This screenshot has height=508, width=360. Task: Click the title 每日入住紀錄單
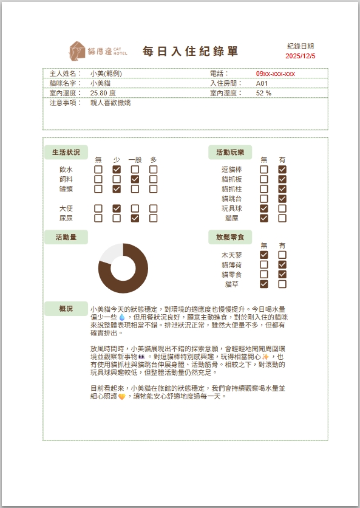(191, 52)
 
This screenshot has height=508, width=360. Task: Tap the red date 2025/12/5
(301, 56)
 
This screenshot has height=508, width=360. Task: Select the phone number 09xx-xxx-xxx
(275, 74)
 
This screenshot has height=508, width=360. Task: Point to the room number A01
(262, 83)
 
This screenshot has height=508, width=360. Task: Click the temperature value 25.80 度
(103, 93)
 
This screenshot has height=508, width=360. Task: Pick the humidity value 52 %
(263, 93)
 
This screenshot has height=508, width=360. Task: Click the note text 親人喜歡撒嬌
(110, 103)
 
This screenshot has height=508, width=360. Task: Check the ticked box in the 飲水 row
(117, 170)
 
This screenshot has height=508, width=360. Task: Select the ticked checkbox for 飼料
(135, 179)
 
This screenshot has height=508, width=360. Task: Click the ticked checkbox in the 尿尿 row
(135, 218)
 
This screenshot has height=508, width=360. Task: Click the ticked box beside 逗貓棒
(282, 170)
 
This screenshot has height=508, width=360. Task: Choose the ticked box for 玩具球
(263, 208)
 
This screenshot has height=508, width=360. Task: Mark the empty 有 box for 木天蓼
(282, 255)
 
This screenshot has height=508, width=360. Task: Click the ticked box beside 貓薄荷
(282, 265)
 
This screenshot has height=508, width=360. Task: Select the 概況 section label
(66, 309)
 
